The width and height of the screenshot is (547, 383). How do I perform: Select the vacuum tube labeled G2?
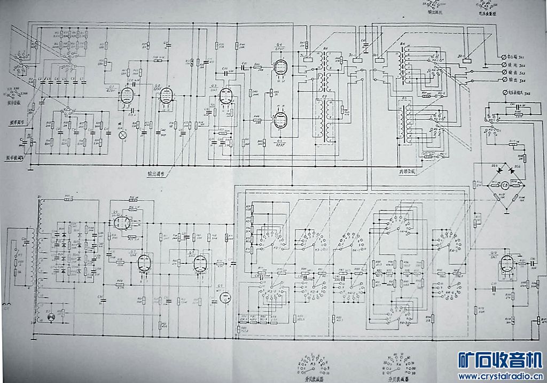click(165, 98)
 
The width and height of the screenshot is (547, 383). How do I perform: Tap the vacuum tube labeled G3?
click(226, 97)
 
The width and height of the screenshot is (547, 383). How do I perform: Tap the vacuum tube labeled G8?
click(200, 263)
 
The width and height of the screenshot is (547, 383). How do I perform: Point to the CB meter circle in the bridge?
click(505, 185)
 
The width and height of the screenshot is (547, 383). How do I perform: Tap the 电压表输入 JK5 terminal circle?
click(503, 93)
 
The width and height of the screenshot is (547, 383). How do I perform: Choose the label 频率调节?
click(18, 122)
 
